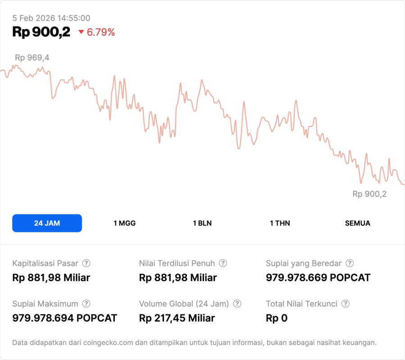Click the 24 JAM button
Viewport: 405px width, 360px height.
click(47, 223)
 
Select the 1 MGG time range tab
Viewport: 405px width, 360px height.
click(124, 223)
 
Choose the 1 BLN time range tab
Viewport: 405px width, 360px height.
click(202, 223)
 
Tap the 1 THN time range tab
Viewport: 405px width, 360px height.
click(280, 223)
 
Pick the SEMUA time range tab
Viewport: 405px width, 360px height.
click(358, 223)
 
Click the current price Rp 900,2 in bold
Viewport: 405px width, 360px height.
click(41, 32)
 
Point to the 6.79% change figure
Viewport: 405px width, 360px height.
click(101, 32)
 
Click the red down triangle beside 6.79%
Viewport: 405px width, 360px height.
click(81, 32)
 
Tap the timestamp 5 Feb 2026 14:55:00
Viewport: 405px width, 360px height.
click(51, 18)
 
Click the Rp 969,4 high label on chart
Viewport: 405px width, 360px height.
click(32, 58)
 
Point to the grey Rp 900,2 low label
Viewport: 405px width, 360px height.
click(369, 194)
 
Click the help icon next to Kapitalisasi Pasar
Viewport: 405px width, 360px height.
click(86, 263)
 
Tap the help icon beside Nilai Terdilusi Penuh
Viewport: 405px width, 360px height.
click(223, 263)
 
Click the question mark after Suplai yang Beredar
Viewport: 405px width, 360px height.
click(350, 263)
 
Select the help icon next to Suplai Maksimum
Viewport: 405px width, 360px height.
click(86, 304)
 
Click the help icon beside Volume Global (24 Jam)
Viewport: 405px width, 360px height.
click(237, 304)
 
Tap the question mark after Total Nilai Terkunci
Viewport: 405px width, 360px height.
click(346, 304)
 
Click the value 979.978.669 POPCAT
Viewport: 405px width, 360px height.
click(318, 278)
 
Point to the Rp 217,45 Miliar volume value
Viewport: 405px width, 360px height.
click(177, 318)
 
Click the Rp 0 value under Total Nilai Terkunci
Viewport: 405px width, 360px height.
click(277, 318)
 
